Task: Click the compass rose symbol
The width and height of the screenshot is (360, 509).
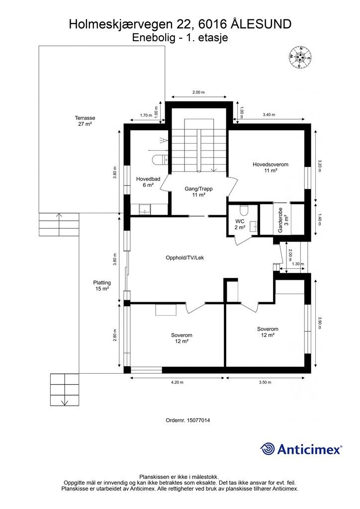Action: pyautogui.click(x=300, y=57)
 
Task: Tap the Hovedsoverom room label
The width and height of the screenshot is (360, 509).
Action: pyautogui.click(x=270, y=167)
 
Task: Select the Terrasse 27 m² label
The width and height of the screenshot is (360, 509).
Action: pyautogui.click(x=85, y=121)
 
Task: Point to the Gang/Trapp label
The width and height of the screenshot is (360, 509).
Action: pyautogui.click(x=199, y=191)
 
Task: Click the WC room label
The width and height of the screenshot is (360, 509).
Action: pyautogui.click(x=240, y=224)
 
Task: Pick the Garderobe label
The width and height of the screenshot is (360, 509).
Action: pyautogui.click(x=282, y=220)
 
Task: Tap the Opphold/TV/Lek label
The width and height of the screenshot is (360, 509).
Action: pyautogui.click(x=184, y=258)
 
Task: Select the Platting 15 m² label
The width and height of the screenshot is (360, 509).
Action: pyautogui.click(x=102, y=286)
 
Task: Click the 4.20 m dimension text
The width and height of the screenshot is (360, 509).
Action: pyautogui.click(x=177, y=382)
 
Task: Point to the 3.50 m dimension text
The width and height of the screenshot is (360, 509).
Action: pyautogui.click(x=265, y=382)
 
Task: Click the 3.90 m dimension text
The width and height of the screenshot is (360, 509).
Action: pyautogui.click(x=319, y=323)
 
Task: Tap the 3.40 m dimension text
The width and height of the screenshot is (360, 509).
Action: pyautogui.click(x=269, y=115)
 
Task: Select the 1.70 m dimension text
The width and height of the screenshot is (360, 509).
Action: pyautogui.click(x=146, y=115)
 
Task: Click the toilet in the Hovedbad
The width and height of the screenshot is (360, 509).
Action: pyautogui.click(x=160, y=160)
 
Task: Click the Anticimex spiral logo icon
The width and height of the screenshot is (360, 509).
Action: pyautogui.click(x=268, y=449)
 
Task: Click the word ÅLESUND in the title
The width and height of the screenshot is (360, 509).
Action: pyautogui.click(x=262, y=24)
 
